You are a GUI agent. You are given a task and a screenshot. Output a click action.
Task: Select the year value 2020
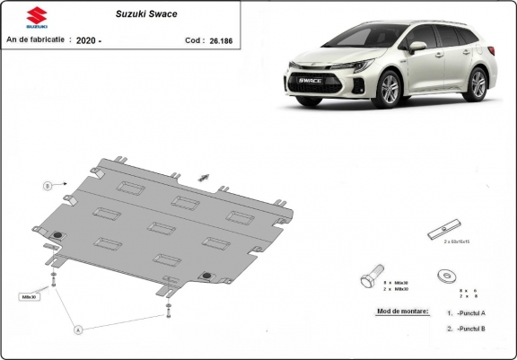click(88, 40)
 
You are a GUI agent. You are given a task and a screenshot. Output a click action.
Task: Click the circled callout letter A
click(78, 329)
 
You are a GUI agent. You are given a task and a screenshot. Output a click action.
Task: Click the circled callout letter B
click(47, 185)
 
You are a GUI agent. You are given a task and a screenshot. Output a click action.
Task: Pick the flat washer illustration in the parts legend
click(444, 276)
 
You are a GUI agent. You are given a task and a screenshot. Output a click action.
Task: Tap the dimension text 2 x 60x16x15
click(458, 241)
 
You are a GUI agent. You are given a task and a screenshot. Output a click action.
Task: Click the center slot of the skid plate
click(162, 228)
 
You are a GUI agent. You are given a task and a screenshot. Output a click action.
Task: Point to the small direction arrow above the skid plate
click(206, 176)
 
